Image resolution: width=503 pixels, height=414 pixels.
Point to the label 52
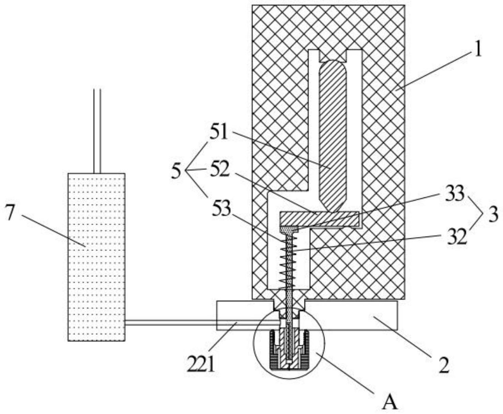(x=219, y=169)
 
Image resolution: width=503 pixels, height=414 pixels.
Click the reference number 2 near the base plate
(x=444, y=365)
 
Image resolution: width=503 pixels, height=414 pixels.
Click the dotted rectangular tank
(x=96, y=257)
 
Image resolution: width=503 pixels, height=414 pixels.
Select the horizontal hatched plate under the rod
(x=319, y=219)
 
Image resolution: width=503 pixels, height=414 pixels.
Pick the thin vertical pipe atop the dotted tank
(x=97, y=131)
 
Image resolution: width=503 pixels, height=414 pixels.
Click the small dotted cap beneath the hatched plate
(x=289, y=230)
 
